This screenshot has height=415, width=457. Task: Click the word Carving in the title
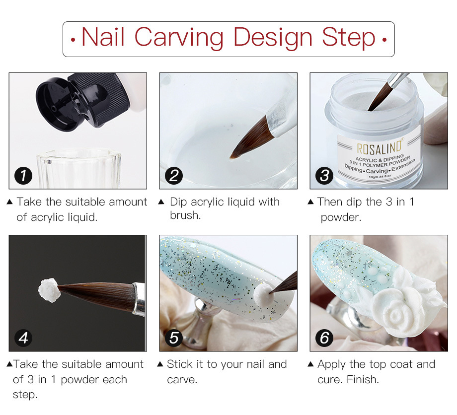pos(179,38)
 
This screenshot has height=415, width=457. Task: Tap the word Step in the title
pos(349,37)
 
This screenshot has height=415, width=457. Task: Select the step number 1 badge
pos(23,176)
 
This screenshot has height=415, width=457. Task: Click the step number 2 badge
pos(174,176)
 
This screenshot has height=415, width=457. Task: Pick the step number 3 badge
pos(324,176)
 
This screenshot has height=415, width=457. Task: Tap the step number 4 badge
pos(23,338)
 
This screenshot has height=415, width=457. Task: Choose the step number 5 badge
pos(174,338)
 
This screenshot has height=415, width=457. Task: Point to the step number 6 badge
pos(324,338)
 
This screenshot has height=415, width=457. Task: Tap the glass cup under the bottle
pos(78,168)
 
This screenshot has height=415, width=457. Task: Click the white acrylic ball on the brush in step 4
pos(49,290)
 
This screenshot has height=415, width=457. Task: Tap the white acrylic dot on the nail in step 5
pos(264,295)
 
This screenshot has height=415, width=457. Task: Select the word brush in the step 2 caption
pos(185,215)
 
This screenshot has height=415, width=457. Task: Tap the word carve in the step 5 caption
pos(182,380)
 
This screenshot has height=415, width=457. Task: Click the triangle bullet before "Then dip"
pos(310,202)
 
